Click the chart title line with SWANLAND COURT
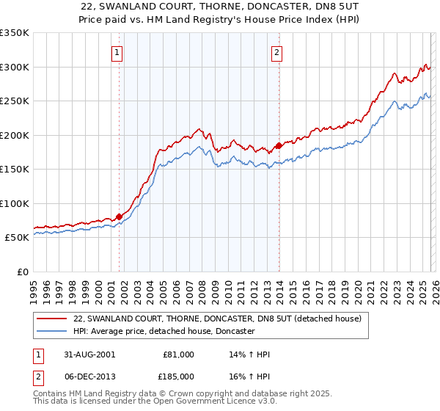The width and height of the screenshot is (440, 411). click(x=220, y=7)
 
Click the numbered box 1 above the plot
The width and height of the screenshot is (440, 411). click(x=118, y=52)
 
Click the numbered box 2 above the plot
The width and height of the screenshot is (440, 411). click(x=277, y=52)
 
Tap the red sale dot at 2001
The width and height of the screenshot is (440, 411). click(x=119, y=217)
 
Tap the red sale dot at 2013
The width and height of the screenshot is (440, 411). click(x=279, y=145)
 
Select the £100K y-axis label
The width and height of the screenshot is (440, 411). click(x=15, y=203)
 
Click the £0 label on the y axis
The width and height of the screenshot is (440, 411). click(x=22, y=272)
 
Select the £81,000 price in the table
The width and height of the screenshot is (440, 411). click(x=180, y=354)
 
